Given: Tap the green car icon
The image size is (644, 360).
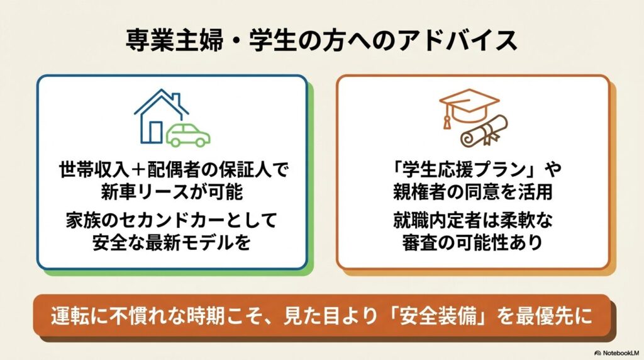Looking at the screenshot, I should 188,134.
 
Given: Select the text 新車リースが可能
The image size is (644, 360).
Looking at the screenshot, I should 172,190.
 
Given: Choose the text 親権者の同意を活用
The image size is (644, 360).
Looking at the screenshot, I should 472,190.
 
